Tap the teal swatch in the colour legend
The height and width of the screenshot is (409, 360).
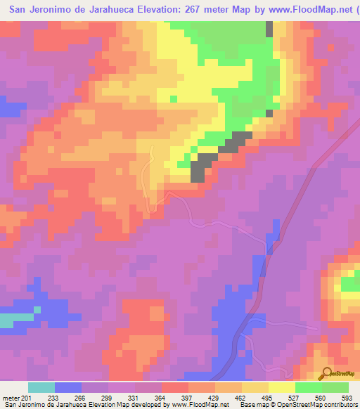click(x=41, y=387)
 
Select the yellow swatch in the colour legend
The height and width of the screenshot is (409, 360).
click(x=281, y=387)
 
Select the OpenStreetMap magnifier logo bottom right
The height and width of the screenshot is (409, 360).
click(x=325, y=372)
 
